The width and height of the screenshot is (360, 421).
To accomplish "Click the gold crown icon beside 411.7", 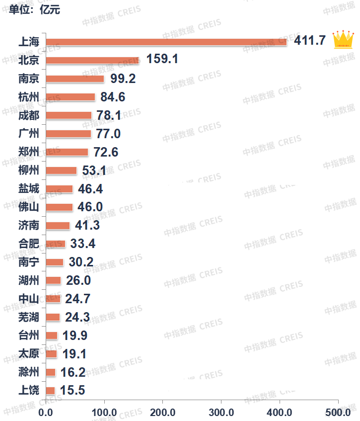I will (343, 39).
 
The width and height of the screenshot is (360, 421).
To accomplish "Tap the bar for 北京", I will (92, 60).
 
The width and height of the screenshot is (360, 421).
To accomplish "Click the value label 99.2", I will (122, 79).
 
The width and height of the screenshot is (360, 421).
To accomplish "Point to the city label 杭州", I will (28, 97).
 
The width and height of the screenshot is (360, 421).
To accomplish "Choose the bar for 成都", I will (69, 115).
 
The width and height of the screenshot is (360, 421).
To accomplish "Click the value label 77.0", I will (107, 134).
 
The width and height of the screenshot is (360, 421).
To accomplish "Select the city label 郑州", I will (28, 152).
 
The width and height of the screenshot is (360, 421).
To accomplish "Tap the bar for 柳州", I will (61, 170).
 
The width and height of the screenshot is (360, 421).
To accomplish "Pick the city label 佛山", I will (28, 207).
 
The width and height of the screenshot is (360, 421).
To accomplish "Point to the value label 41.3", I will (87, 226).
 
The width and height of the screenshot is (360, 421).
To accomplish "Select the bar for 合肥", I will (56, 244).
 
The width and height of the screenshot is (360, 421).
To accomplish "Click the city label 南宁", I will (28, 262).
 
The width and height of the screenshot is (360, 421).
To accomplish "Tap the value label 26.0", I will (77, 281).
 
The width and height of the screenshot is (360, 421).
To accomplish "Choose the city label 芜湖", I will (28, 317).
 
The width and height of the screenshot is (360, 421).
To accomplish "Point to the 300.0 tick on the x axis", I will (221, 412).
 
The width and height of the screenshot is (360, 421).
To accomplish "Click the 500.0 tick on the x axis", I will (339, 412).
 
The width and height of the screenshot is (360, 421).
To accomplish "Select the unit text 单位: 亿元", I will (34, 9).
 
